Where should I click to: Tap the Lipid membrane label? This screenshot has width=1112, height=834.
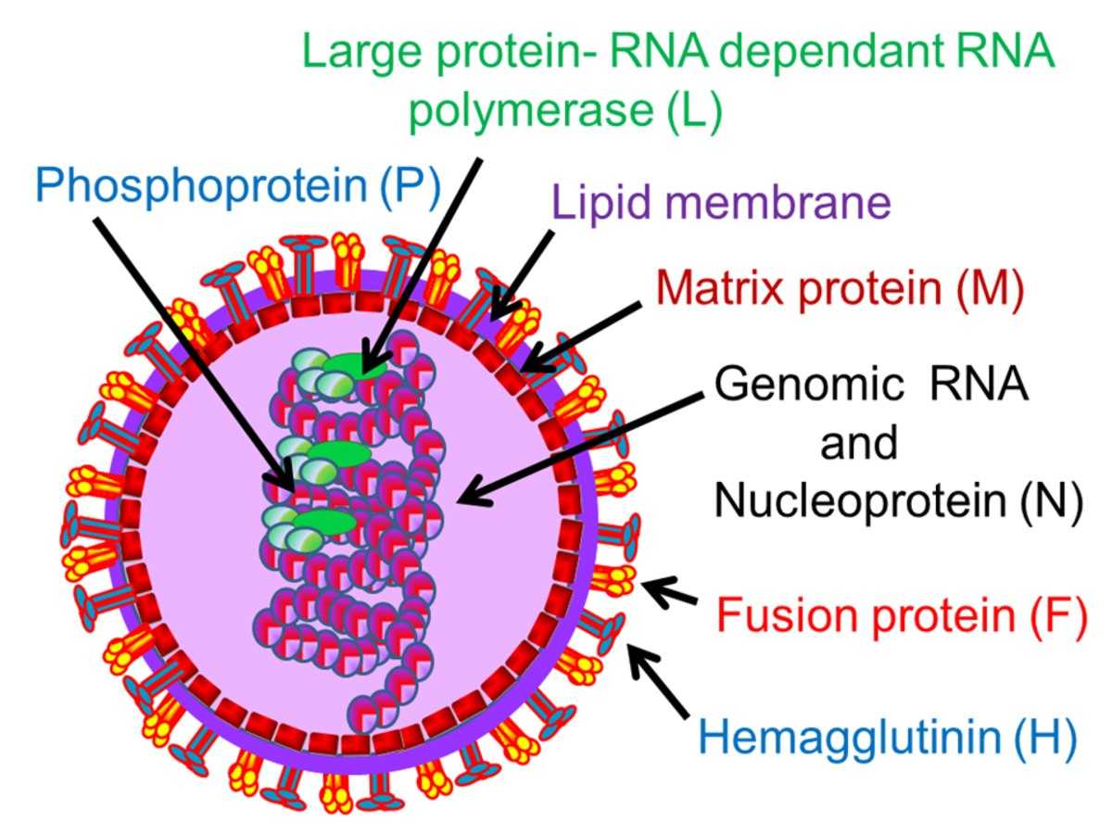click(721, 202)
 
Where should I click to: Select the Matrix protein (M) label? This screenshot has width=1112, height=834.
click(840, 290)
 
